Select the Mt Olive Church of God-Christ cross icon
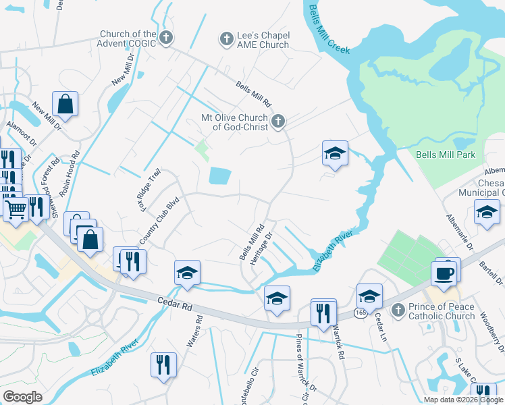(x=277, y=122)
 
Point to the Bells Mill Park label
(x=446, y=155)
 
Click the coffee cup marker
(x=444, y=273)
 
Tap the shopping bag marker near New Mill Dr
(x=65, y=105)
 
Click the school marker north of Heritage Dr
(x=334, y=154)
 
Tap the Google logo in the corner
(x=22, y=397)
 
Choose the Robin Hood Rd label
(x=69, y=173)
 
